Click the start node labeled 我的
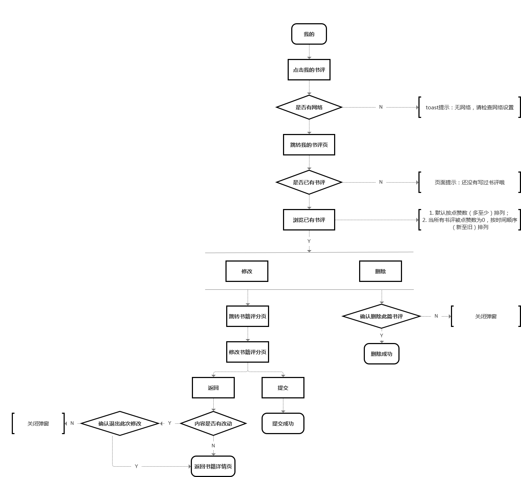[x=309, y=34]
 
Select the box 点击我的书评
[x=309, y=70]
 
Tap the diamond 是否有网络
[x=309, y=107]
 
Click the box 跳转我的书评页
[x=309, y=145]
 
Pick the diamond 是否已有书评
[x=309, y=182]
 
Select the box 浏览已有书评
[x=309, y=220]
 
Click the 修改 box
[x=247, y=271]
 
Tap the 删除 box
[x=380, y=271]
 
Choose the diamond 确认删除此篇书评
[x=381, y=316]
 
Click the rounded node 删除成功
[x=381, y=354]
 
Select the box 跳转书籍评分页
[x=247, y=316]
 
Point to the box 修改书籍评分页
[x=247, y=352]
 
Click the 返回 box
[x=213, y=388]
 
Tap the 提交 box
[x=283, y=388]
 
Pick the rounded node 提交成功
[x=283, y=423]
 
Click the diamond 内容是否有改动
[x=213, y=423]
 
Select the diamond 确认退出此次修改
[x=120, y=423]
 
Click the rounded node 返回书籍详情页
[x=213, y=466]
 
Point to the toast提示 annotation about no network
[x=469, y=107]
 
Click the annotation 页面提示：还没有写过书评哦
[x=469, y=182]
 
